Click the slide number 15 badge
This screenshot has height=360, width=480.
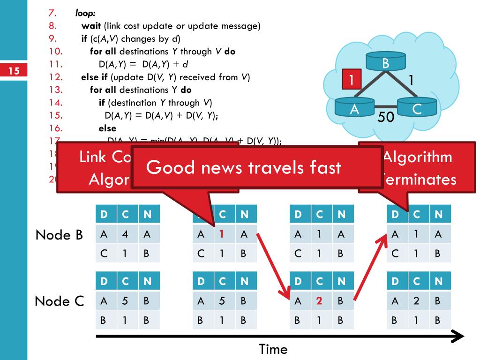pos(14,71)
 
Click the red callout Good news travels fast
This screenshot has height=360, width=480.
pos(244,167)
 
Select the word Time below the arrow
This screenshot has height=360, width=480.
pos(273,349)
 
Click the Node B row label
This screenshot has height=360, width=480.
pos(60,234)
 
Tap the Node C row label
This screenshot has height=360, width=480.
pos(60,301)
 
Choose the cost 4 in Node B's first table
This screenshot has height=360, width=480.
pos(125,234)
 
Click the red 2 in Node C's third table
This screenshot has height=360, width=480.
pos(319,301)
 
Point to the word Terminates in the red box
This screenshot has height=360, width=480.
pos(418,180)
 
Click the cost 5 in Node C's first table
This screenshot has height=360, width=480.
pos(125,301)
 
